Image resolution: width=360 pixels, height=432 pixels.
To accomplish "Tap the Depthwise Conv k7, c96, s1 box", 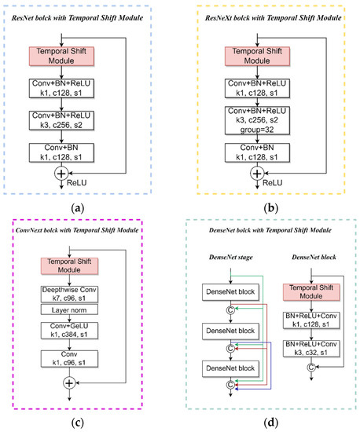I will (72, 294).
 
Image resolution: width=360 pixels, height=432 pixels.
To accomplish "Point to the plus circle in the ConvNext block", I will (72, 383).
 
